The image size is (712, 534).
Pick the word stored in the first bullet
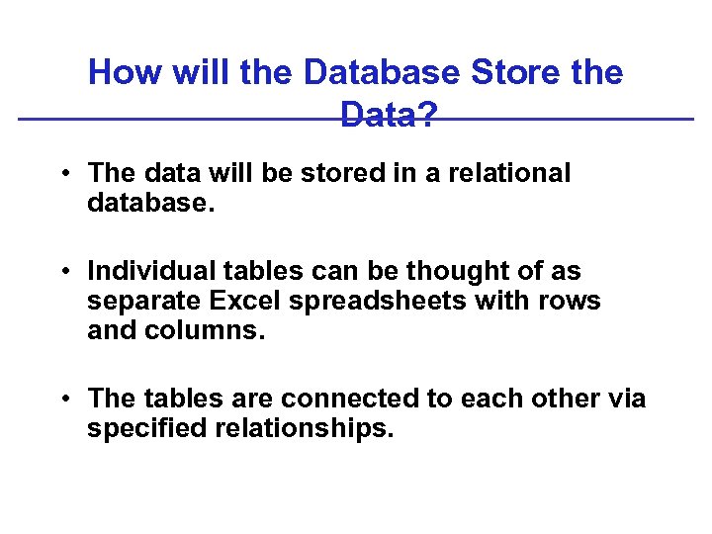(313, 173)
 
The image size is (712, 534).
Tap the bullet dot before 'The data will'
(62, 174)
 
